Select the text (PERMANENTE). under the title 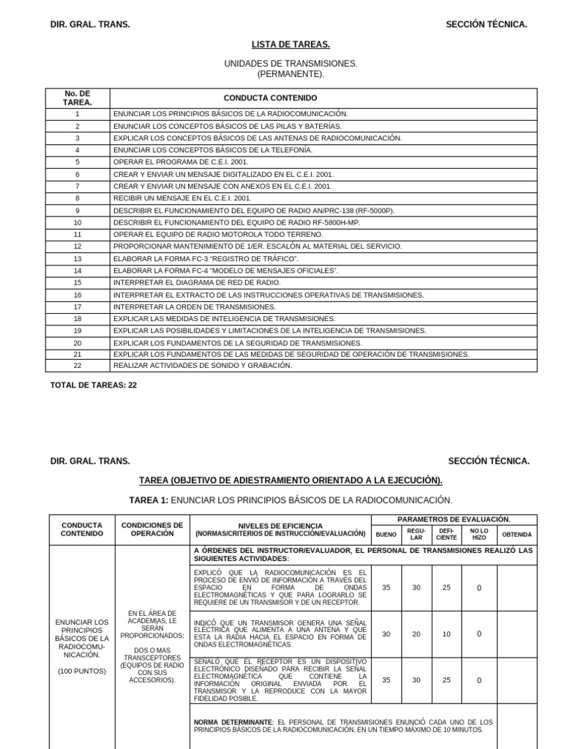[291, 75]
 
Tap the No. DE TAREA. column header [77, 98]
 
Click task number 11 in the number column [77, 234]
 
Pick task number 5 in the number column [77, 162]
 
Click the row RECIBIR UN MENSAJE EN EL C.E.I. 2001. [182, 198]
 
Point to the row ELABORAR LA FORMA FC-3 [206, 259]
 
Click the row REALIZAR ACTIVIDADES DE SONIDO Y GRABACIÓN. [202, 366]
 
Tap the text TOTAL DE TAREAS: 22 [93, 385]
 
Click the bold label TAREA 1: [149, 500]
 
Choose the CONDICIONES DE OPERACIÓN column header [151, 530]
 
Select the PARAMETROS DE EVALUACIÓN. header [454, 519]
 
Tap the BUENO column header [386, 535]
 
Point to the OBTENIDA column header [517, 535]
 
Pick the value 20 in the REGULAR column [416, 634]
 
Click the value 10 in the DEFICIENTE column [446, 634]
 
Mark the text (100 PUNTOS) [81, 671]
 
